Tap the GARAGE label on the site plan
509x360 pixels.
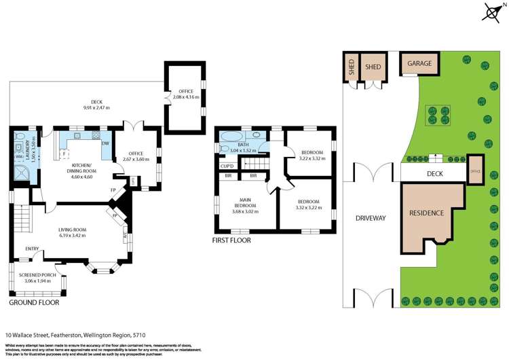419,63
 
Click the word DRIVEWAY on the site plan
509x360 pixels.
371,218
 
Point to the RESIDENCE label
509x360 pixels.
426,213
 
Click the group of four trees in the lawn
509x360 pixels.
434,115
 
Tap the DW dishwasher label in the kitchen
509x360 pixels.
105,143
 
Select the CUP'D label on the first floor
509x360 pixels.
227,165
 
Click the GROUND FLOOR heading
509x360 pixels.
34,302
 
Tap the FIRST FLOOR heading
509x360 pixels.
231,240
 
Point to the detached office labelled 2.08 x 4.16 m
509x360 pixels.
185,98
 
